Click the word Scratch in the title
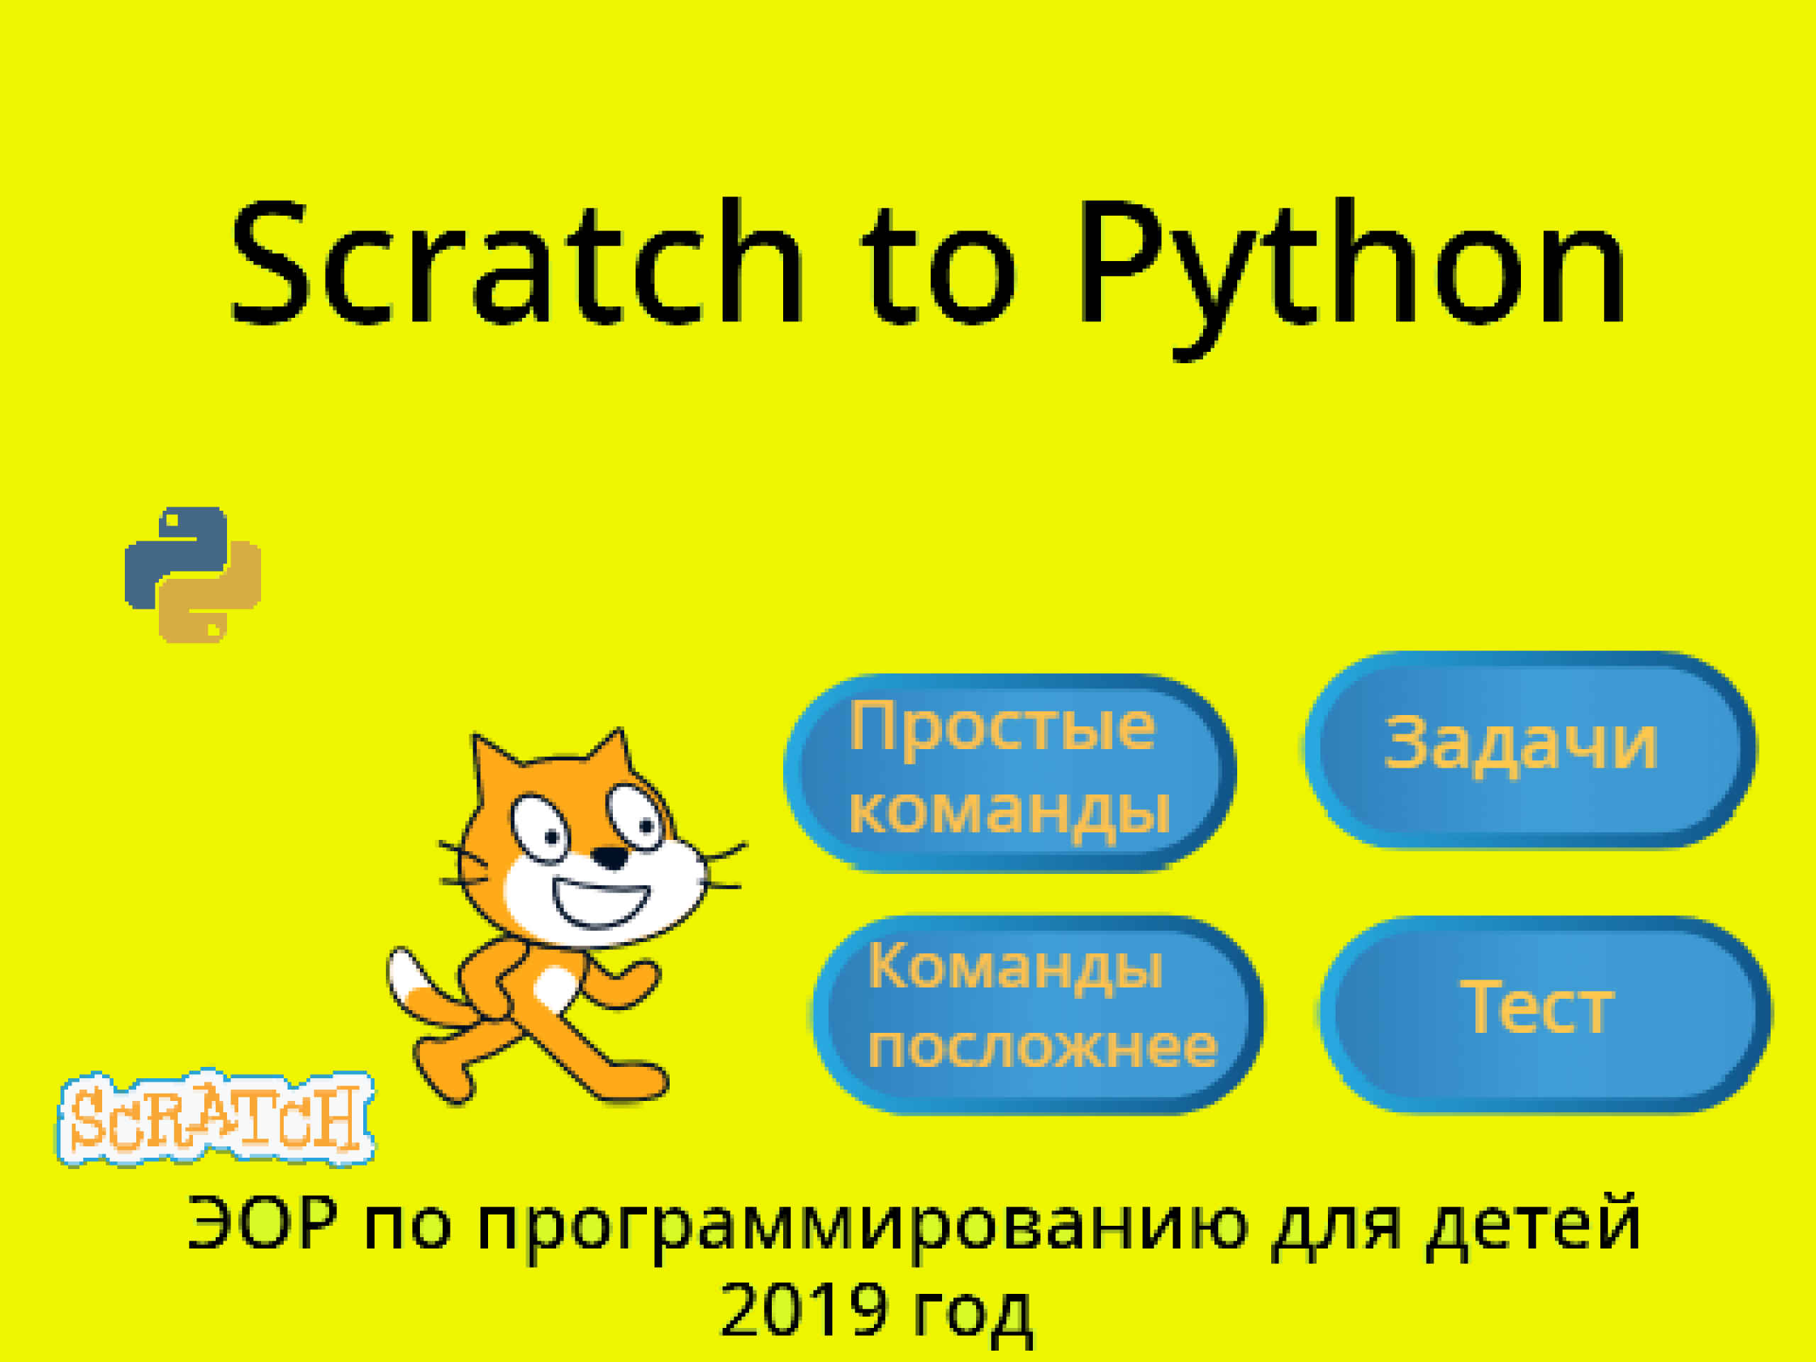click(516, 262)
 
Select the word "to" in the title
click(939, 267)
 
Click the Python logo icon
click(193, 575)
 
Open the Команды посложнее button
click(1039, 1014)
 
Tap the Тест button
click(1546, 1014)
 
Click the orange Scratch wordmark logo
click(215, 1117)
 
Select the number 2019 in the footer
click(804, 1309)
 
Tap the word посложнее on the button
click(1043, 1048)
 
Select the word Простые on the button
click(1002, 727)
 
